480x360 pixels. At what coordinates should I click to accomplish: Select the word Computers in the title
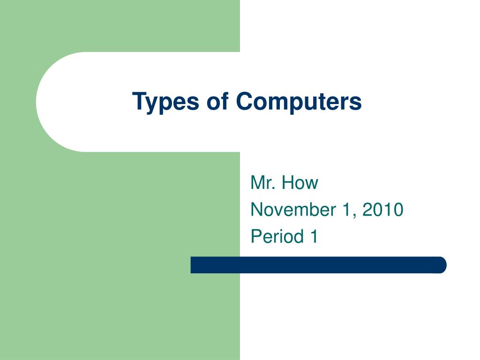[x=299, y=102]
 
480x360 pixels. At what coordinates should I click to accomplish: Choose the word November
[x=289, y=210]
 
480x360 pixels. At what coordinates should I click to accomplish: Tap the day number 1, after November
[x=347, y=210]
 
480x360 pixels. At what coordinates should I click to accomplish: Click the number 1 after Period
[x=313, y=236]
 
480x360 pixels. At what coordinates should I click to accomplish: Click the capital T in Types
[x=138, y=101]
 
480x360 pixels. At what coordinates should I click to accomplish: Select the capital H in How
[x=286, y=183]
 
